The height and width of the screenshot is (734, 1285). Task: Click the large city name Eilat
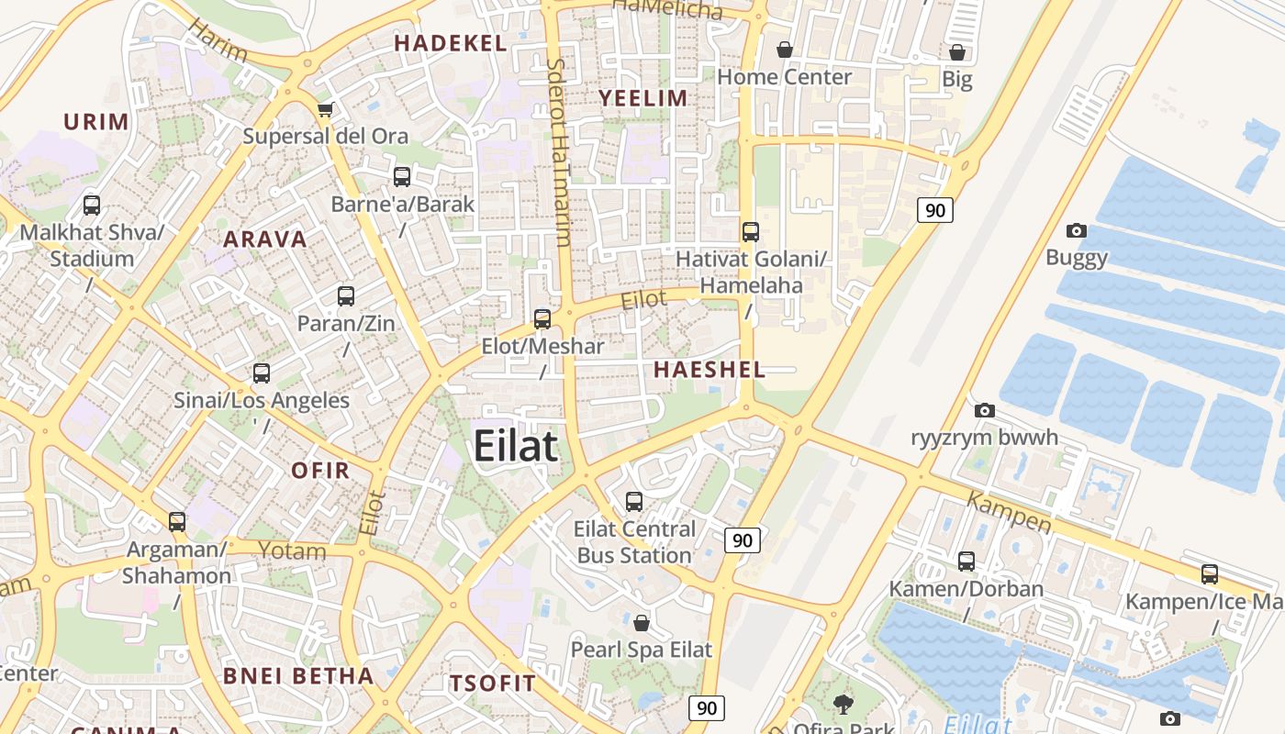(515, 447)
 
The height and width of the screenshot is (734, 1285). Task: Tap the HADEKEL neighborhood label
(450, 43)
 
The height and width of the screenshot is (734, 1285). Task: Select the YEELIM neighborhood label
(642, 98)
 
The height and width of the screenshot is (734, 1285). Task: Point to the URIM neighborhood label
(96, 121)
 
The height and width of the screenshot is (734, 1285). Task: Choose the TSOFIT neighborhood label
(492, 683)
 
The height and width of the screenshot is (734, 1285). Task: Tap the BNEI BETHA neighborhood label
(298, 676)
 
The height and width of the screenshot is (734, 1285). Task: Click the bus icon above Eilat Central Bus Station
(634, 502)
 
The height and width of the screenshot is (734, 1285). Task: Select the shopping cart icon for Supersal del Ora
(324, 111)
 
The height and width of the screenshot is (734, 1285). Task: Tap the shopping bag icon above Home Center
(785, 50)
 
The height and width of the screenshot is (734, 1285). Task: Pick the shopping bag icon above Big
(957, 52)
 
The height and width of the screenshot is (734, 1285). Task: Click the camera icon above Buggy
(1077, 230)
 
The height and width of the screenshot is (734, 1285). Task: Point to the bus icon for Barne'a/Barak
(402, 177)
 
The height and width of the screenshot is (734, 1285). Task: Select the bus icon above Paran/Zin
(346, 296)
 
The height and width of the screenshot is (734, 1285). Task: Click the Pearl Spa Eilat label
(641, 650)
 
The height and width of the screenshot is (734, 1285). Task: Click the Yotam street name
(292, 550)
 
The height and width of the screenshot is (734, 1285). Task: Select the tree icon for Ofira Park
(843, 705)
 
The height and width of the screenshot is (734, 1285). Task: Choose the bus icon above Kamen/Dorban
(967, 562)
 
